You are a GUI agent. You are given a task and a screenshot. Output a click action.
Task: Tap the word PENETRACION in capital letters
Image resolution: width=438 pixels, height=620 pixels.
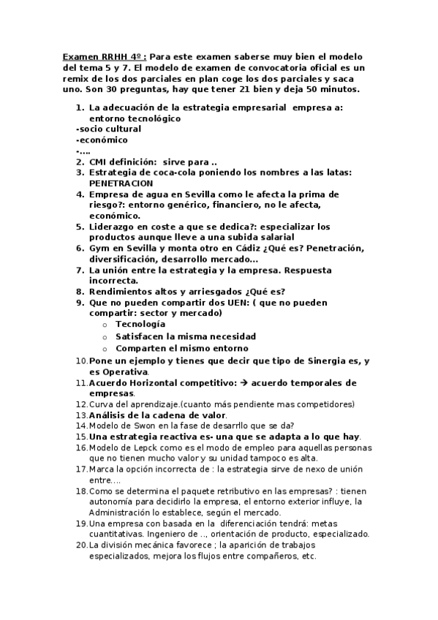point(121,183)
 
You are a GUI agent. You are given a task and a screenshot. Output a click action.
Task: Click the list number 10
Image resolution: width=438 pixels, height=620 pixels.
point(81,361)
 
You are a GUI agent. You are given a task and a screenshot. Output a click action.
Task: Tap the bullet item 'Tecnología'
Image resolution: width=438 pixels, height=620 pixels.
point(140,324)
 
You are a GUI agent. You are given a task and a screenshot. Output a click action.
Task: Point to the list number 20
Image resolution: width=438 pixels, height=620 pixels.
point(81,545)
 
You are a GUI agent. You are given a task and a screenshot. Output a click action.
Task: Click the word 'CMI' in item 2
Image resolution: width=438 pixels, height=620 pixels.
point(99,162)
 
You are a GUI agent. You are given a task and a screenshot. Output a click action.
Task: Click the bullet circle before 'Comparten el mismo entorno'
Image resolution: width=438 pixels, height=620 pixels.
point(106,349)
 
